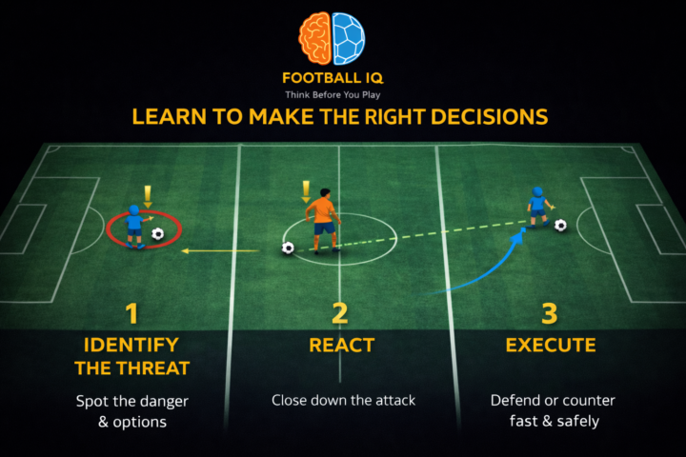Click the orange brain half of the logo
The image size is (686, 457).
[315, 38]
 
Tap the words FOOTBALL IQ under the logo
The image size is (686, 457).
[332, 79]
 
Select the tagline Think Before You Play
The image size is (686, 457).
[332, 95]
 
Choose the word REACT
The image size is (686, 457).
[341, 345]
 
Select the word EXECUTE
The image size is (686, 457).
[551, 345]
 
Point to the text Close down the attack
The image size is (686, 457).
[343, 401]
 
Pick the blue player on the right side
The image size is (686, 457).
[538, 209]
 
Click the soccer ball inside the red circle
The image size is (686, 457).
[158, 232]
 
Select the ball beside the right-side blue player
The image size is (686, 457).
[560, 226]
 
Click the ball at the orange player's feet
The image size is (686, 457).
[288, 248]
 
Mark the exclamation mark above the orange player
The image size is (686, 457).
[306, 190]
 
